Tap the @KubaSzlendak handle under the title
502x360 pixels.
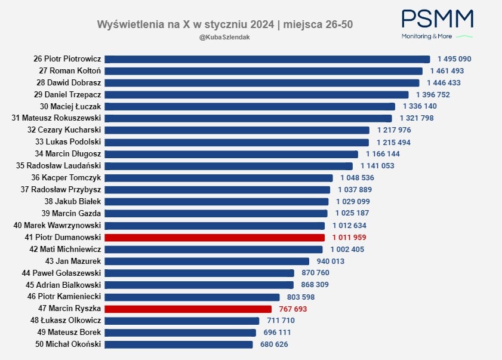[224, 37]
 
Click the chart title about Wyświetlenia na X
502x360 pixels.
[229, 24]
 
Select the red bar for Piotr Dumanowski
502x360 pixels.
[214, 238]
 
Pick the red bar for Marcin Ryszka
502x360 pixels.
[188, 309]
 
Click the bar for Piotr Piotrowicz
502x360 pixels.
[267, 59]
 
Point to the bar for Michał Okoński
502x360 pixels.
[178, 344]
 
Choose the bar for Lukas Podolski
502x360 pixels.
[237, 142]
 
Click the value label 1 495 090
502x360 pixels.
[454, 59]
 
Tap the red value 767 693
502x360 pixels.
[292, 309]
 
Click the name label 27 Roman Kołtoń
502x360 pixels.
[69, 71]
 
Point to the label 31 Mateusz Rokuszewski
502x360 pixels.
[57, 118]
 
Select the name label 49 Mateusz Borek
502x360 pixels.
[69, 332]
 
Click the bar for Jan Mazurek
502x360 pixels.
[207, 261]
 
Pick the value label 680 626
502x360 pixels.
[274, 344]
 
